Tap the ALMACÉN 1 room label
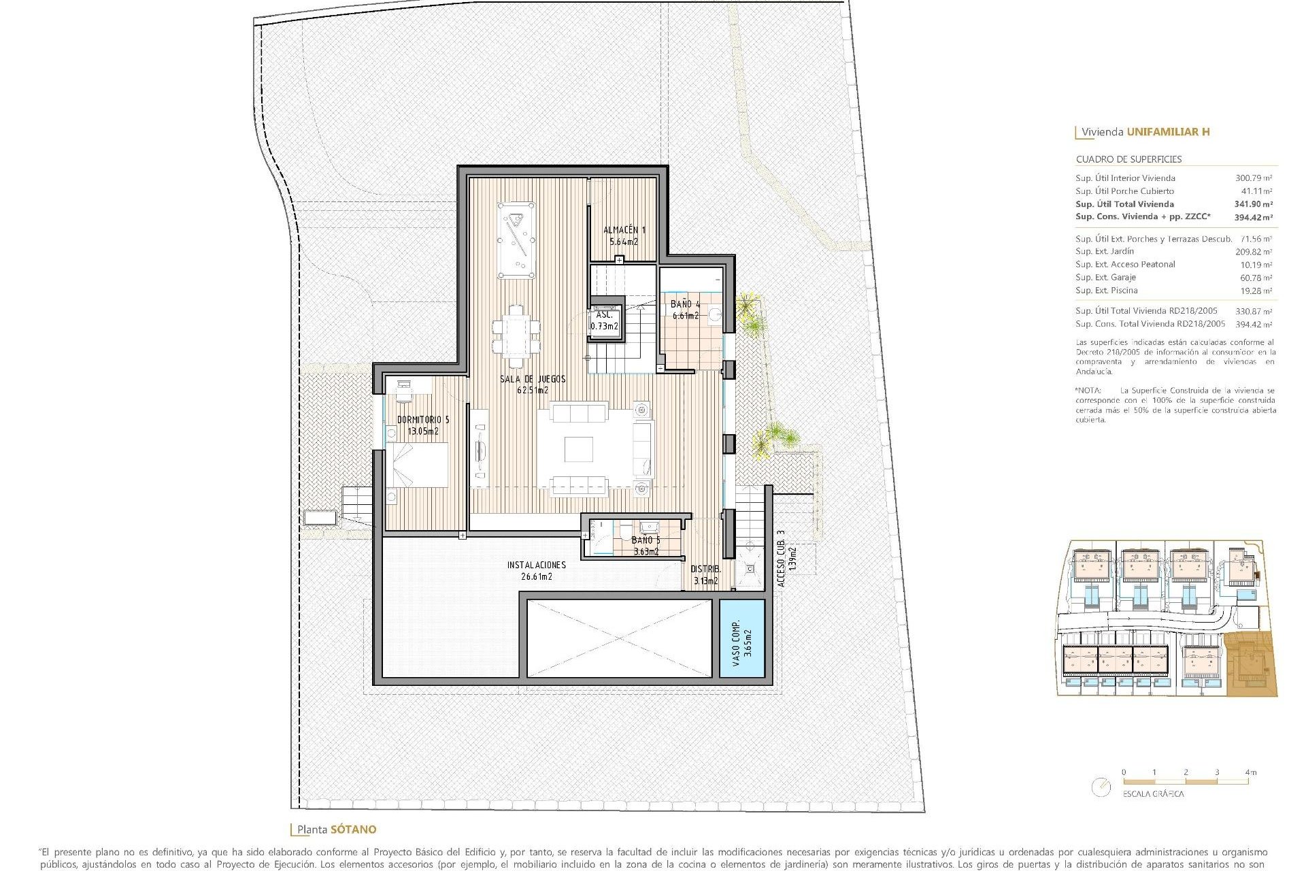pos(624,230)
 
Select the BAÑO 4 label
pos(684,304)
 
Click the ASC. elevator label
pos(604,315)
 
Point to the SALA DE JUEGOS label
pos(533,379)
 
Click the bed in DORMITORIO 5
pos(417,465)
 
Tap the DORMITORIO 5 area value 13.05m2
pos(422,431)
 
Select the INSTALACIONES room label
pos(536,565)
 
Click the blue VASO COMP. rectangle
pos(742,638)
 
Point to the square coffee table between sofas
pos(578,449)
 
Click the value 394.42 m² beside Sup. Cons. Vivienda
pos(1253,218)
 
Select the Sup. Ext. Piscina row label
pos(1106,291)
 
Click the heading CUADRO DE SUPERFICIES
pos(1128,159)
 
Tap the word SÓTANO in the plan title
pos(353,829)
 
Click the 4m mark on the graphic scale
pos(1250,772)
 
